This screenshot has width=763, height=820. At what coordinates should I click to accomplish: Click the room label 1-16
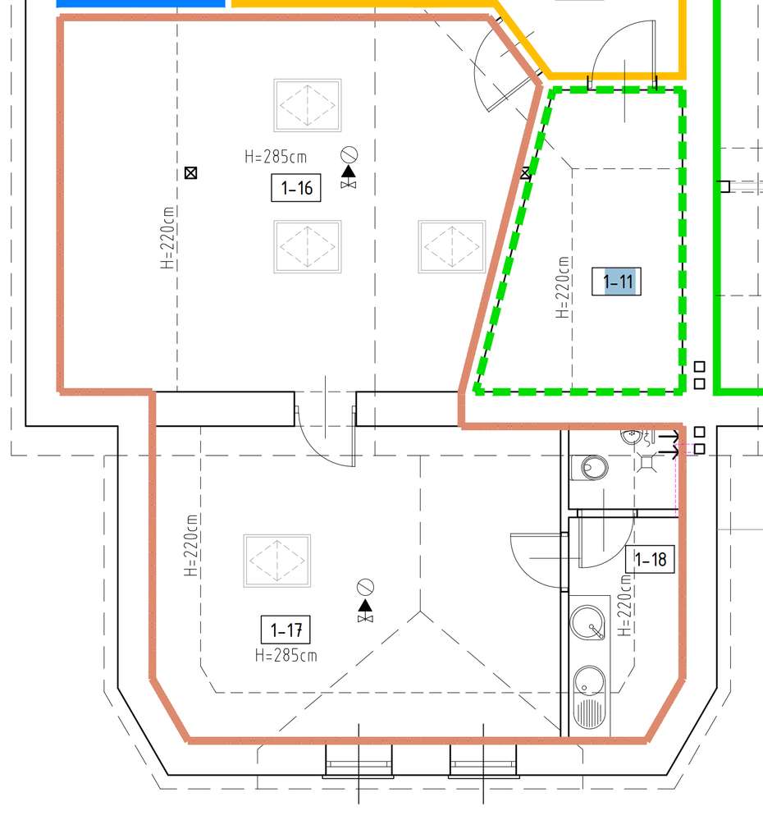click(296, 188)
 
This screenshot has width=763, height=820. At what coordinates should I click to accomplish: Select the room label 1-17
click(286, 630)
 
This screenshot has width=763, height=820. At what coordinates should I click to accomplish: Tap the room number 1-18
click(651, 560)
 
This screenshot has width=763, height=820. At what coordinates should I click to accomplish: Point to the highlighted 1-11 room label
click(618, 282)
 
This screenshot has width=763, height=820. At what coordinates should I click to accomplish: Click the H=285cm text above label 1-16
click(275, 156)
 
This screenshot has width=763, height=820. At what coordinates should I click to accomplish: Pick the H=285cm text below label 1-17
click(286, 655)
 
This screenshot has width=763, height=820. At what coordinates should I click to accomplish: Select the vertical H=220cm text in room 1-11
click(563, 287)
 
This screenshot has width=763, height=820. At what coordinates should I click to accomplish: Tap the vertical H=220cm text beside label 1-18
click(626, 606)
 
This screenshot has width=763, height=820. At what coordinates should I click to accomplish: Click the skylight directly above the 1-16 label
click(308, 105)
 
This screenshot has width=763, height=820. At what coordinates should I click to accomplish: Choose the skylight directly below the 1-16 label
click(308, 245)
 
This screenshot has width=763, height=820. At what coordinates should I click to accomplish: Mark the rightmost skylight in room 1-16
click(452, 245)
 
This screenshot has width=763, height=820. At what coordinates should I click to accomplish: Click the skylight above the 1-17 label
click(277, 560)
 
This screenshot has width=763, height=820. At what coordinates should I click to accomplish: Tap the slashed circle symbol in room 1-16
click(350, 154)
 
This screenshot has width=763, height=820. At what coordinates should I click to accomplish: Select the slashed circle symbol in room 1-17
click(366, 587)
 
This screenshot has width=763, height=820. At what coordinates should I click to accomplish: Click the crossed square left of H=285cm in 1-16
click(191, 172)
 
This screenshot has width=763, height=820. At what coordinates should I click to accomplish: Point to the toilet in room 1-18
click(592, 468)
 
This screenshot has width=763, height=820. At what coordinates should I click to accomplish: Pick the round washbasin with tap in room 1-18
click(587, 621)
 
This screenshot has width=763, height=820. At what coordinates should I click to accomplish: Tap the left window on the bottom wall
click(359, 761)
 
